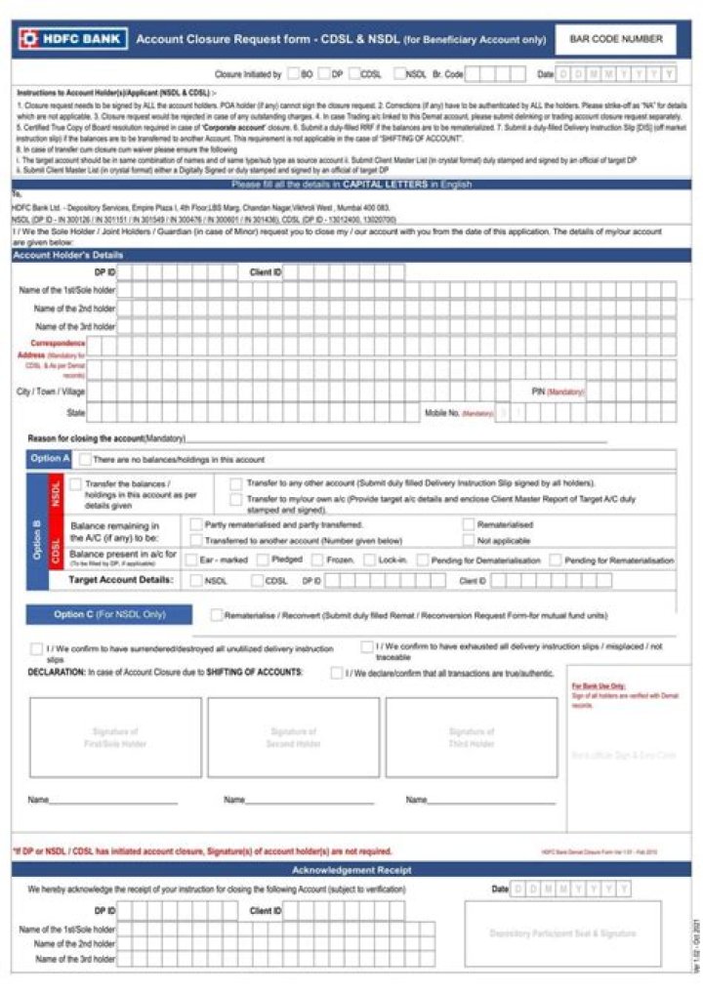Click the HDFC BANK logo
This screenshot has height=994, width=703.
point(68,39)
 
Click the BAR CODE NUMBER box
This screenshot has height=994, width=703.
point(615,40)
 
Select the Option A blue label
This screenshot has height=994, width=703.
point(50,459)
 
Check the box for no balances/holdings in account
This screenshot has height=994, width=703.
point(86,459)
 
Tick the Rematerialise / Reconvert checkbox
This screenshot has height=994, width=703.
point(217,615)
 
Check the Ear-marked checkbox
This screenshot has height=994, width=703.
point(193,560)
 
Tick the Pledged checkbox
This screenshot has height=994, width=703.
point(264,560)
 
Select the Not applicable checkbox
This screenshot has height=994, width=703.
point(470,539)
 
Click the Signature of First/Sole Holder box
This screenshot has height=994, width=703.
point(115,737)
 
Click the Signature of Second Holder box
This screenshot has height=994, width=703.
point(293,737)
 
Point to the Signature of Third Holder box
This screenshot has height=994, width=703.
point(472,737)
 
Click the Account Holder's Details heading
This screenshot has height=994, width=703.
point(68,255)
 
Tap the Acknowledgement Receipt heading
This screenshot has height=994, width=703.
point(351,870)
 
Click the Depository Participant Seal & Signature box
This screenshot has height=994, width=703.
point(562,933)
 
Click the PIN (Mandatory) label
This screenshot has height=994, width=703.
point(557,391)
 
